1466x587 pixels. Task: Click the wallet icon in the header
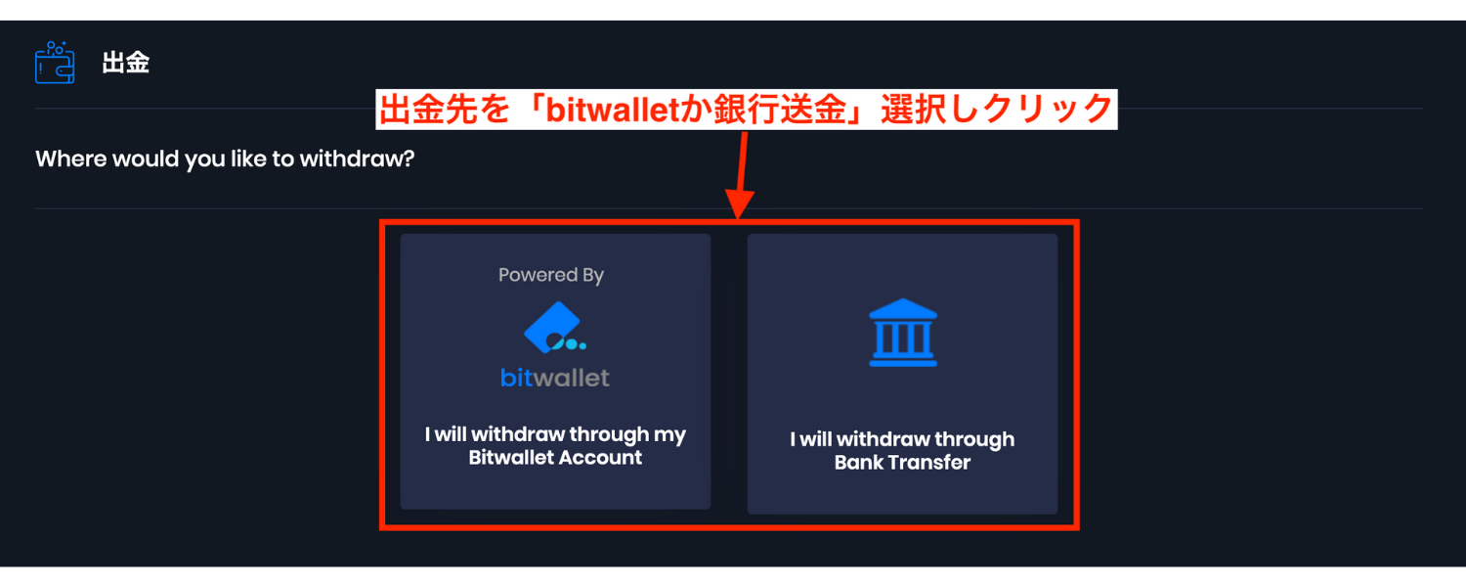55,63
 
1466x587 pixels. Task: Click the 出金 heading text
126,63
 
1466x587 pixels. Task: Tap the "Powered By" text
551,275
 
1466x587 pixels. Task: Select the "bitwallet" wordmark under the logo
555,378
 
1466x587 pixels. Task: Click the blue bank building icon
902,333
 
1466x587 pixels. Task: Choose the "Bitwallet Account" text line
555,457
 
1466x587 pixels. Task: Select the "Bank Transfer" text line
902,463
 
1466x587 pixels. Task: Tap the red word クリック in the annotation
1047,110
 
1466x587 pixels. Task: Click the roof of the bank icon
902,308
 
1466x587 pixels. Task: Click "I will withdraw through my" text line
555,434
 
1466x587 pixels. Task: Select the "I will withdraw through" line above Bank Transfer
902,439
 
